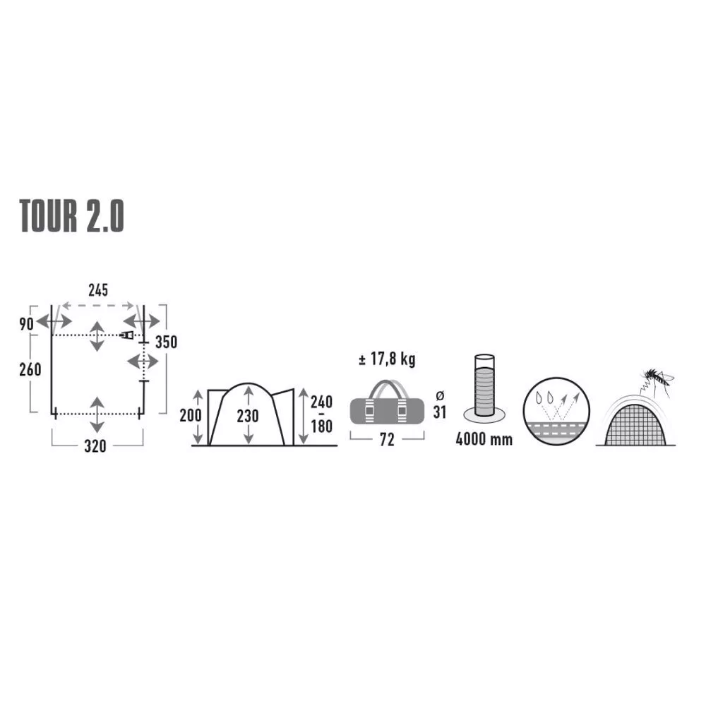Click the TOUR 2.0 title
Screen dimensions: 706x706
(71, 216)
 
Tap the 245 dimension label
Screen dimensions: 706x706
(98, 290)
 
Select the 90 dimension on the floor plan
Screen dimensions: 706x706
(27, 324)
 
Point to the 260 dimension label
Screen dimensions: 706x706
(30, 370)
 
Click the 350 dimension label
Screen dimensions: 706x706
(166, 342)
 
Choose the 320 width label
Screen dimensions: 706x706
(95, 446)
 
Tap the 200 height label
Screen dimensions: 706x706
(191, 415)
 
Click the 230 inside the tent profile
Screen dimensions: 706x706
(248, 416)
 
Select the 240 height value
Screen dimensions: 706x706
(321, 402)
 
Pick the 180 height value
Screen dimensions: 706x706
(321, 426)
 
